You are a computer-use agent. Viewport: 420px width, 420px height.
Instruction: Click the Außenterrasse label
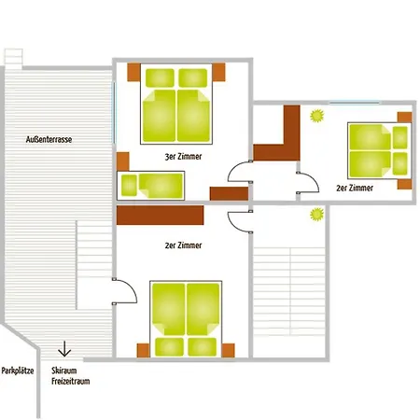(49, 139)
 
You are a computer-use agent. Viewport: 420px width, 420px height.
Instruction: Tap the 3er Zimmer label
(183, 157)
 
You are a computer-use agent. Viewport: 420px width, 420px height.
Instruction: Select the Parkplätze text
(18, 371)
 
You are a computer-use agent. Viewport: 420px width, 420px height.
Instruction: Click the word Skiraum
(64, 371)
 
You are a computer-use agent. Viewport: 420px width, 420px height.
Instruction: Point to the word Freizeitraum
(71, 381)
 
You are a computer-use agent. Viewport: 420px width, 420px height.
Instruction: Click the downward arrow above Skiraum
(64, 348)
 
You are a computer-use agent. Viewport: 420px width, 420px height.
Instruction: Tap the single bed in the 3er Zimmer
(151, 186)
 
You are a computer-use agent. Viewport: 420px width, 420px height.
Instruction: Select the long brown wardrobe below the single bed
(161, 215)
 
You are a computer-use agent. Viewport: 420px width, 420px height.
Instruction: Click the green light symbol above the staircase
(317, 215)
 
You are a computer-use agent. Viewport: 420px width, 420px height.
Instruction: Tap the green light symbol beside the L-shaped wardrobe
(317, 116)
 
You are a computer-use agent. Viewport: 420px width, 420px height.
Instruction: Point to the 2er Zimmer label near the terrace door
(183, 245)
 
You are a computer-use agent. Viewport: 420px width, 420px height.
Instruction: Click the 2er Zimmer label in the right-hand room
(355, 188)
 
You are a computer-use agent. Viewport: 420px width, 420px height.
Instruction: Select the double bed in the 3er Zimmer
(176, 104)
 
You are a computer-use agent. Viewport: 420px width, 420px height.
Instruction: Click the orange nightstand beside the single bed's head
(123, 161)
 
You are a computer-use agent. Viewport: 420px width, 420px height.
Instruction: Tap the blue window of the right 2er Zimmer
(355, 103)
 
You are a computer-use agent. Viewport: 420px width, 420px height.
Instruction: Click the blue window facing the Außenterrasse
(114, 113)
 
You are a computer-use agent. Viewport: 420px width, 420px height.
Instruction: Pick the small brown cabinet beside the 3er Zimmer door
(229, 193)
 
